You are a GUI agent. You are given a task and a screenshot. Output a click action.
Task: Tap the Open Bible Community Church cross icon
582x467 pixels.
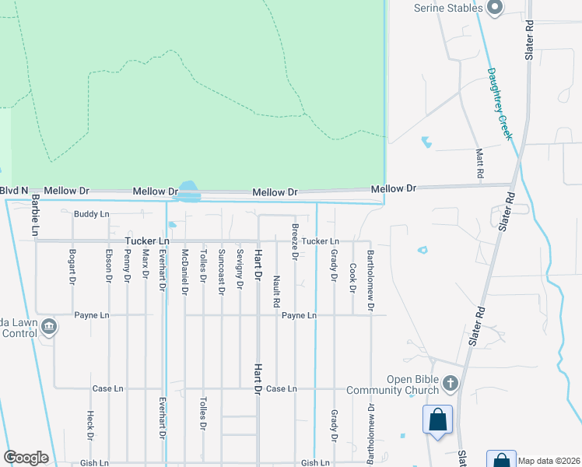point(451,383)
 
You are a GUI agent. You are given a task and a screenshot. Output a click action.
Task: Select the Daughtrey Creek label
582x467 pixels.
point(502,104)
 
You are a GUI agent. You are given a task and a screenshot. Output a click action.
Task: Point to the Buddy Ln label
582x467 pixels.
point(92,214)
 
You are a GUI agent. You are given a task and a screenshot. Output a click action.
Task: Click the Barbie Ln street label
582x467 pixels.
point(35,216)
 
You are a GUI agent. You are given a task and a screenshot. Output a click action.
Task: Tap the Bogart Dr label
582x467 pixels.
point(72,265)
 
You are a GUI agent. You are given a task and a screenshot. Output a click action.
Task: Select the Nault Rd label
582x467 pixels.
point(276,288)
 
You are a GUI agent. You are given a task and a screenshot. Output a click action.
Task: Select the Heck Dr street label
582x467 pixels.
point(90,425)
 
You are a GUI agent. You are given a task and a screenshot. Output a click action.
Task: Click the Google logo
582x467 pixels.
point(26,458)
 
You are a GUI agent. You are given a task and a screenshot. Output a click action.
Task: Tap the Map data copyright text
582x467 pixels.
point(549,461)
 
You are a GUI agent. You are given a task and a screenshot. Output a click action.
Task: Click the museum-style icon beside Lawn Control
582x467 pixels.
point(50,326)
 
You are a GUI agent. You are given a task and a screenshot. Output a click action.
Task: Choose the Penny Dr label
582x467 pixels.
point(127,265)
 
